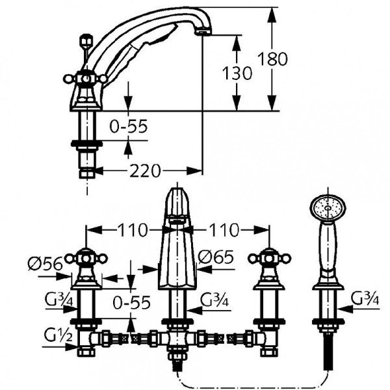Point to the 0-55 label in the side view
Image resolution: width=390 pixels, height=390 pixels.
(x=128, y=127)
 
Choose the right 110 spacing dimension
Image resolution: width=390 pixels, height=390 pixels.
(x=224, y=229)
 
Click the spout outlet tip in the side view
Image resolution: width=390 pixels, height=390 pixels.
(x=204, y=29)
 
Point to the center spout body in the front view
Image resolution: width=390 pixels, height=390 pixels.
(x=177, y=253)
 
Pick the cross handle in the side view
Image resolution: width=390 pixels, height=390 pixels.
(x=86, y=79)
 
